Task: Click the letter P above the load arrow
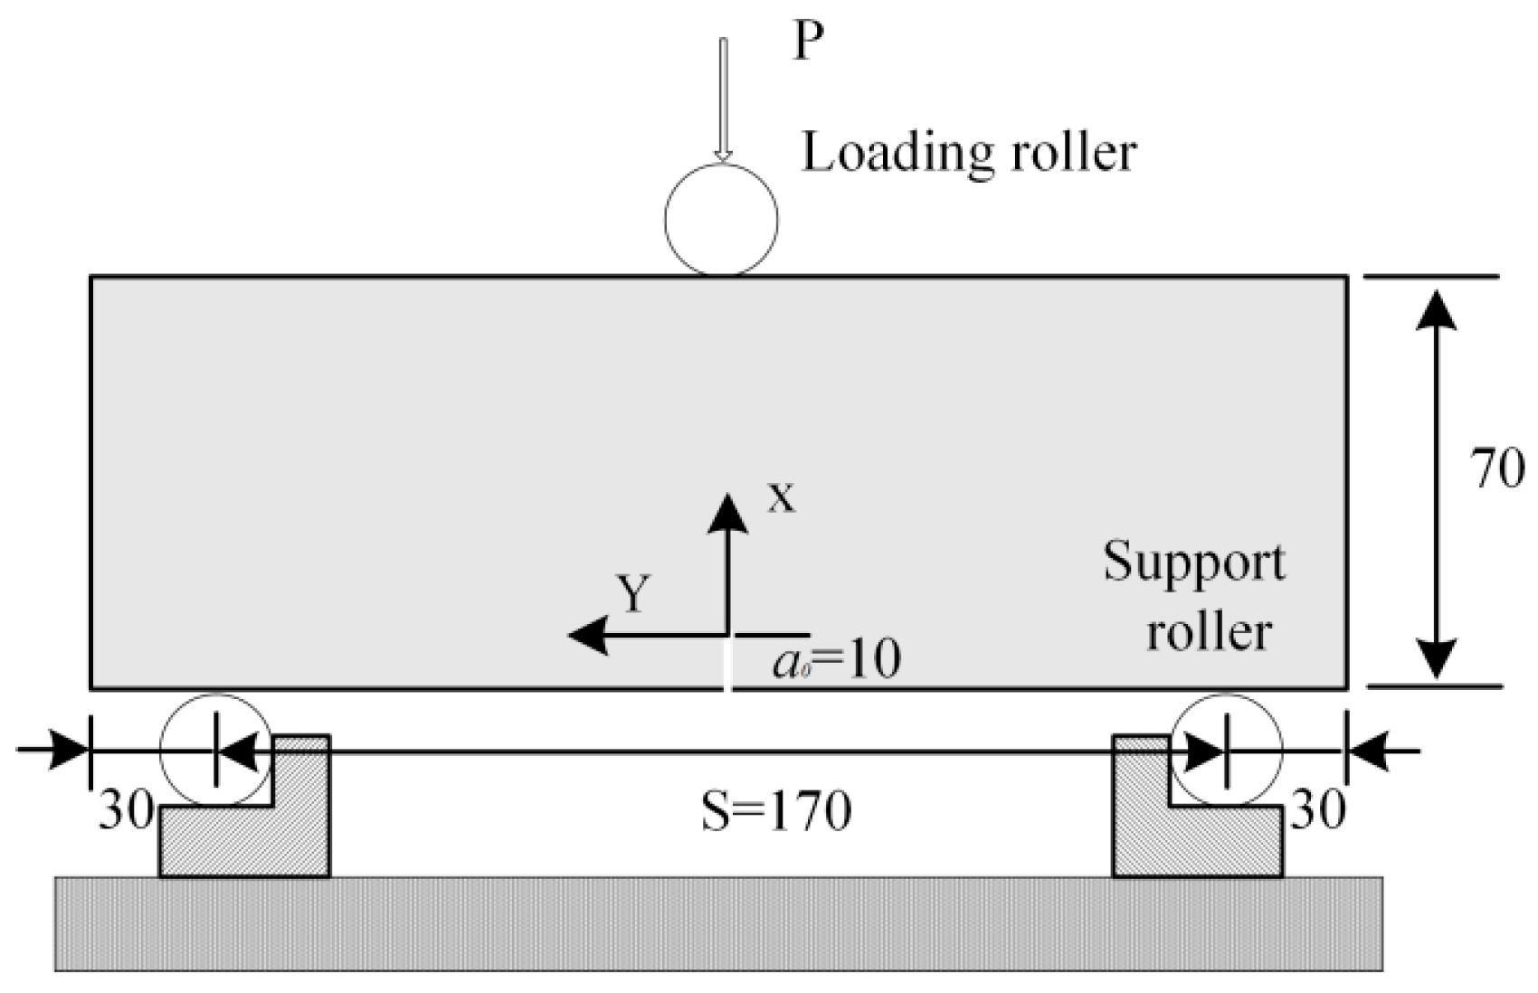tap(808, 43)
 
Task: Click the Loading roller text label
tap(968, 152)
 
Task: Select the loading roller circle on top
tap(721, 220)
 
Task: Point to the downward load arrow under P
tap(722, 99)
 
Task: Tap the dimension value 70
tap(1498, 470)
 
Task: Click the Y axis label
tap(634, 595)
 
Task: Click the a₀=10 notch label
tap(837, 661)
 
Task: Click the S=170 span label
tap(776, 812)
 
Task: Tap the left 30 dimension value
tap(125, 811)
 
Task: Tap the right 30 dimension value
tap(1317, 811)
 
